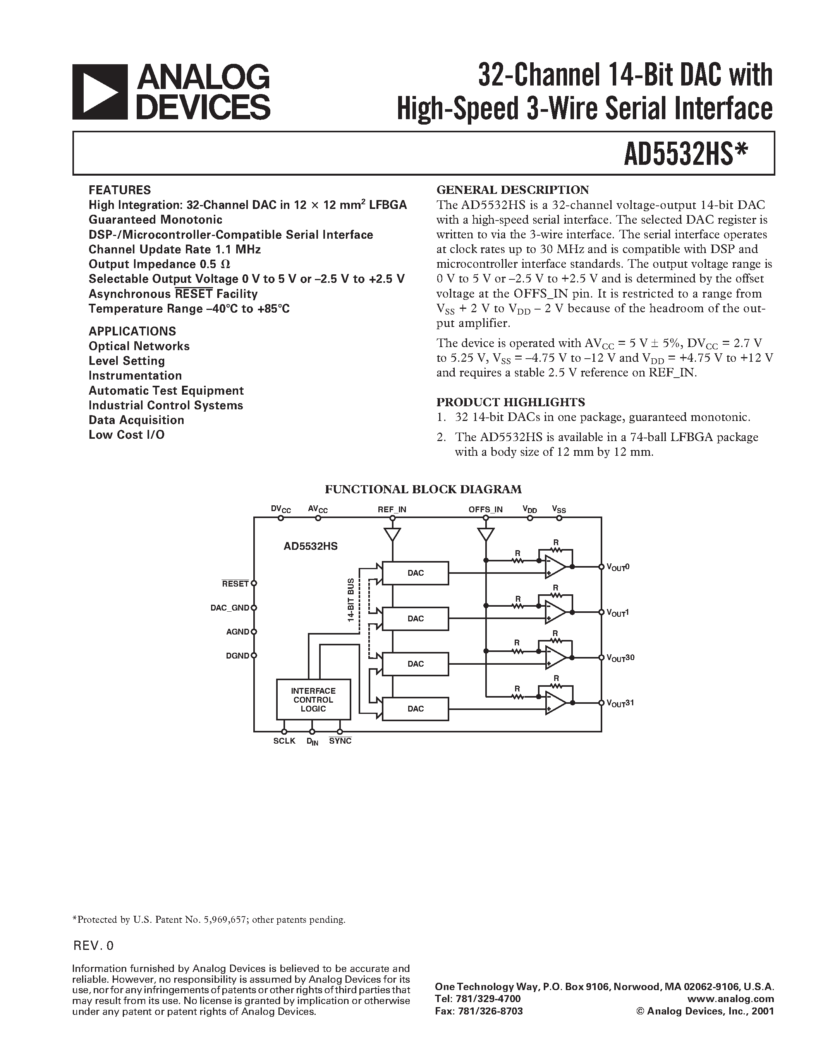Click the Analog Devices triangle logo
coord(100,92)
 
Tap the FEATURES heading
coord(119,190)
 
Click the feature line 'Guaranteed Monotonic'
coord(155,220)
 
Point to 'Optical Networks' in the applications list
coord(139,346)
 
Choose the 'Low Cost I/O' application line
coord(126,435)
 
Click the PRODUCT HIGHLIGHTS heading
coord(510,402)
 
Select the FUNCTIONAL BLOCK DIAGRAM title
coord(423,489)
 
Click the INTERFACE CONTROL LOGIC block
coord(313,700)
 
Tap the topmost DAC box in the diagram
coord(416,573)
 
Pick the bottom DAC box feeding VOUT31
coord(416,709)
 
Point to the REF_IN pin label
coord(392,510)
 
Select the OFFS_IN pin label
coord(485,510)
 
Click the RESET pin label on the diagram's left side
coord(235,583)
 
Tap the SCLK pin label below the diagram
coord(284,741)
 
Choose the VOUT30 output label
coord(620,658)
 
